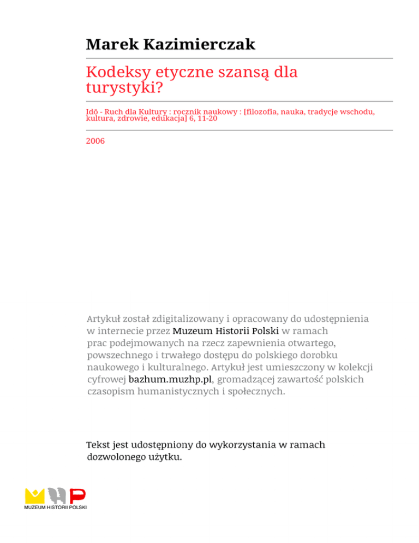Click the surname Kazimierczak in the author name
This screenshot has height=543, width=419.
[200, 44]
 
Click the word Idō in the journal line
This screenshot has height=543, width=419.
[92, 112]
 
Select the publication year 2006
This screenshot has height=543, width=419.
[95, 141]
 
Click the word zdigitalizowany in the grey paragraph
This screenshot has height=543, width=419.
[190, 318]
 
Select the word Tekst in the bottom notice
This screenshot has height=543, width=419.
[100, 445]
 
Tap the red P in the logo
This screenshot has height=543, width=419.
[77, 496]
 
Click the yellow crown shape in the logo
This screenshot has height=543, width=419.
[35, 495]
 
